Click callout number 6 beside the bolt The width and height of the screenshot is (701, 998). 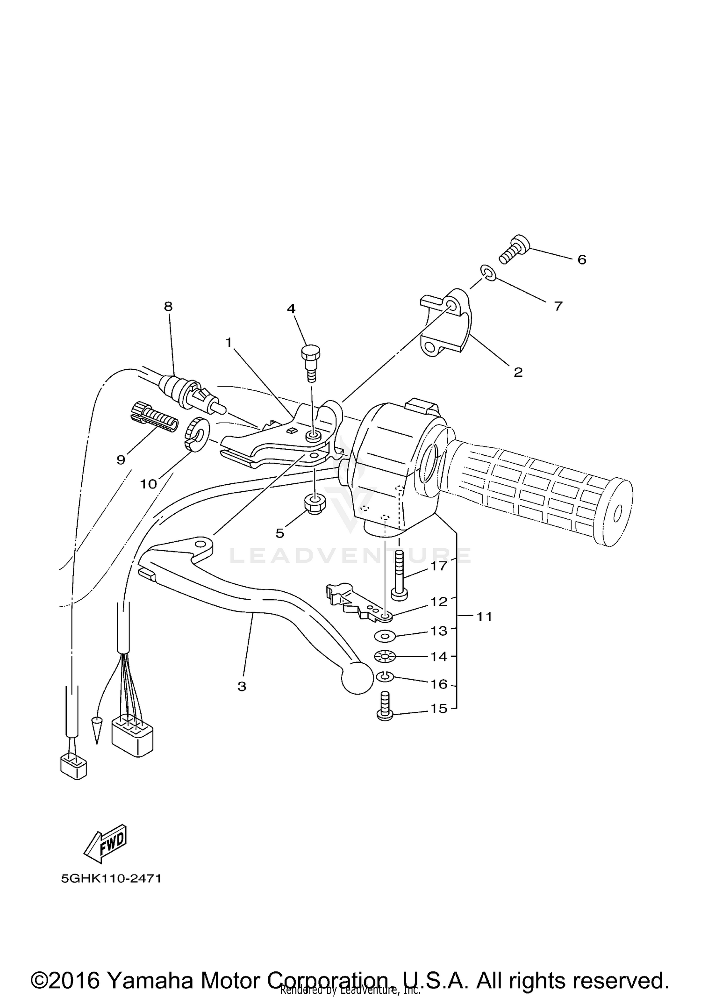pyautogui.click(x=581, y=259)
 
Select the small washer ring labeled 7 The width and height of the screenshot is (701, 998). pyautogui.click(x=487, y=273)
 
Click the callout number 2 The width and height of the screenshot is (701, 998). pyautogui.click(x=518, y=372)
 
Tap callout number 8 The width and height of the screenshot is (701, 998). pyautogui.click(x=168, y=306)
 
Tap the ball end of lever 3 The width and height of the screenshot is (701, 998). pyautogui.click(x=358, y=678)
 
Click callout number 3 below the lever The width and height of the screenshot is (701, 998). pyautogui.click(x=242, y=687)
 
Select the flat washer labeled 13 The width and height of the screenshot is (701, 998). pyautogui.click(x=385, y=636)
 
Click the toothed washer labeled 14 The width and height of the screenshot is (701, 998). pyautogui.click(x=385, y=657)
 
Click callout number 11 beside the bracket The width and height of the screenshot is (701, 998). pyautogui.click(x=484, y=617)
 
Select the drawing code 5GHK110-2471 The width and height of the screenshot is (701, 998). pyautogui.click(x=111, y=878)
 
